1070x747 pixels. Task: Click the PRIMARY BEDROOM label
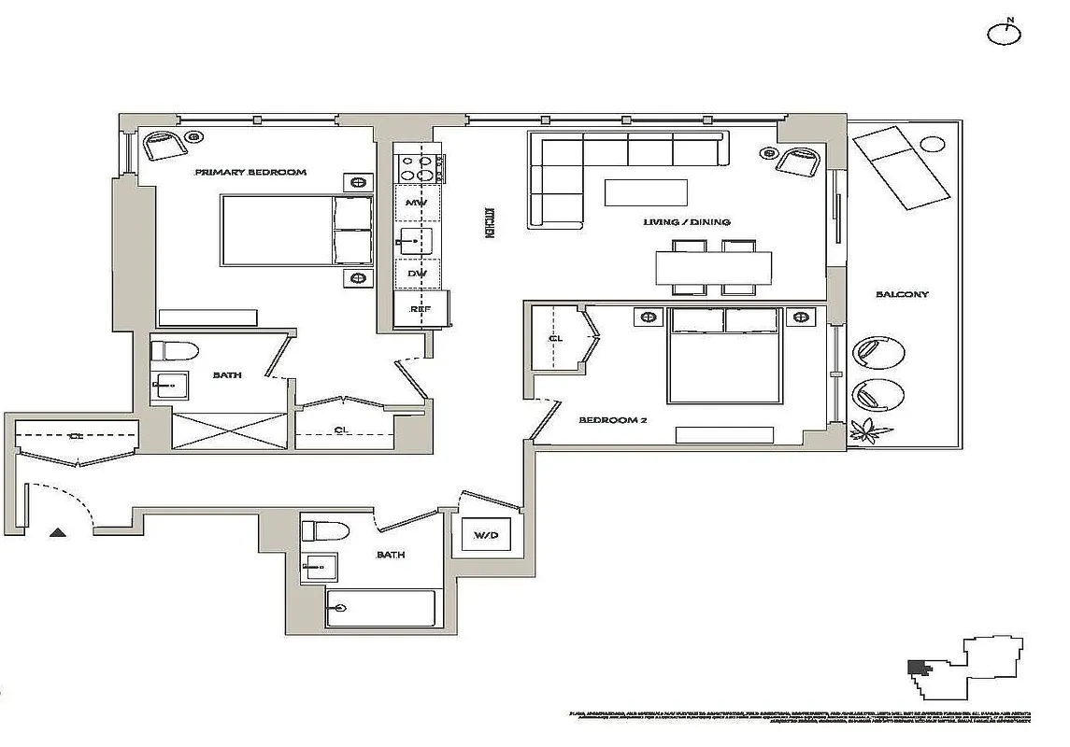tap(250, 173)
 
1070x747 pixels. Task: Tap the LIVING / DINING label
tap(686, 222)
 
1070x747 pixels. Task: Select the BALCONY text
tap(902, 295)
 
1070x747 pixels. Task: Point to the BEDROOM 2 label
tap(613, 420)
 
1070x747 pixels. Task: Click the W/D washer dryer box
tap(486, 535)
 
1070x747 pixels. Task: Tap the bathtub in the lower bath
tap(381, 609)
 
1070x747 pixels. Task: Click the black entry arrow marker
tap(58, 533)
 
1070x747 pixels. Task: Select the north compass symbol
tap(1005, 33)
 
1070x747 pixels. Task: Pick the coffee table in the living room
tap(646, 191)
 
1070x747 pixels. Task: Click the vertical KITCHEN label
tap(488, 224)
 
